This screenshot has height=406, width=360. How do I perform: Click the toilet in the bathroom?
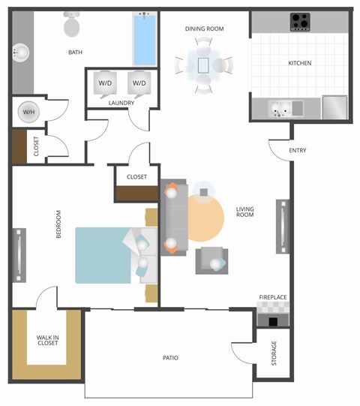(x=72, y=26)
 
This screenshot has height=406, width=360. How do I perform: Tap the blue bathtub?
(x=144, y=38)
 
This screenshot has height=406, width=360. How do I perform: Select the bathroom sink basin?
(x=19, y=53)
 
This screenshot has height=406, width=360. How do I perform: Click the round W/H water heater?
(x=29, y=112)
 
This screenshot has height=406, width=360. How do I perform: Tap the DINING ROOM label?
(x=205, y=29)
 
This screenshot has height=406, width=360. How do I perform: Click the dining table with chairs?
(x=204, y=65)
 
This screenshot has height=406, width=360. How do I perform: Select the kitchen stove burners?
(x=301, y=21)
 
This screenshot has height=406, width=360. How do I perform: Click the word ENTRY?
(x=298, y=151)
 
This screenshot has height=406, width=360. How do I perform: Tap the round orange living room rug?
(x=202, y=218)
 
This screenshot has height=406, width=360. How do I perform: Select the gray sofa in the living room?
(x=174, y=218)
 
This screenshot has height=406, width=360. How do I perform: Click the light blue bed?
(x=105, y=255)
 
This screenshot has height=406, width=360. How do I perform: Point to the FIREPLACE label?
(x=273, y=297)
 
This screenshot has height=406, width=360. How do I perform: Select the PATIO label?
(x=170, y=358)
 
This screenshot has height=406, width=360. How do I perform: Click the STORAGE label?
(x=274, y=352)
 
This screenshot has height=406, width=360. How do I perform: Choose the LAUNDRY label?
(x=121, y=103)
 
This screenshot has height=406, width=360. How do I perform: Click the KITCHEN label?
(x=300, y=63)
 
